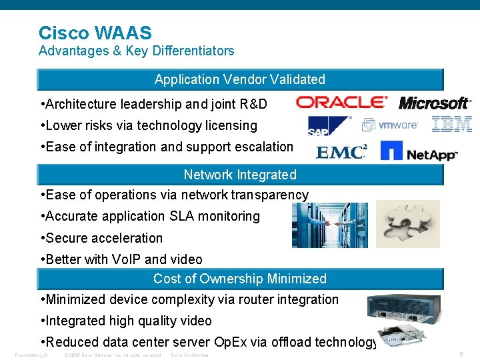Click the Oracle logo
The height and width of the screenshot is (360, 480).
pyautogui.click(x=341, y=102)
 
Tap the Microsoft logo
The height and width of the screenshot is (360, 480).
pyautogui.click(x=434, y=103)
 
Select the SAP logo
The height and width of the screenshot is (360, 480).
pyautogui.click(x=329, y=125)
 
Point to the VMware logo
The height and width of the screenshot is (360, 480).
pyautogui.click(x=390, y=125)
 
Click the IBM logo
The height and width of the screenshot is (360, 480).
pyautogui.click(x=452, y=124)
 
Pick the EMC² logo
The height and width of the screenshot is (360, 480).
pyautogui.click(x=341, y=153)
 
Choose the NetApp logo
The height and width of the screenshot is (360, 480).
pyautogui.click(x=419, y=151)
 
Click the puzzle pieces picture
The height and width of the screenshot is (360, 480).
pyautogui.click(x=407, y=224)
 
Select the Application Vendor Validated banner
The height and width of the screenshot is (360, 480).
pyautogui.click(x=240, y=79)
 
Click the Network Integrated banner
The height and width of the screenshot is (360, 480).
pyautogui.click(x=240, y=175)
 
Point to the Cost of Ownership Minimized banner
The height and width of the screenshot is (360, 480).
pyautogui.click(x=240, y=279)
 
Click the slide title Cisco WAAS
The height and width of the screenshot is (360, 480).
pyautogui.click(x=95, y=33)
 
